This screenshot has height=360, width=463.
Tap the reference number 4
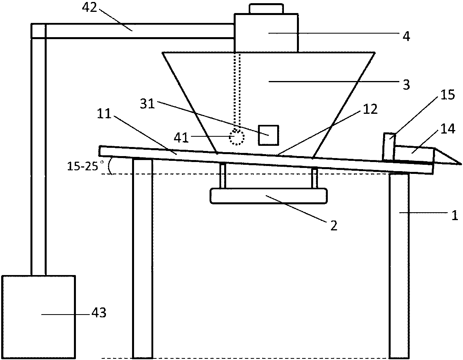(x=406, y=36)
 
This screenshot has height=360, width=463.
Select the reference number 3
(x=406, y=84)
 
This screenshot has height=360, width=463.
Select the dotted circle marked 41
(x=237, y=138)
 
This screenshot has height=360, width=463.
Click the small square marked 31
(x=268, y=135)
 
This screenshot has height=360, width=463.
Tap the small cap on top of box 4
(x=266, y=8)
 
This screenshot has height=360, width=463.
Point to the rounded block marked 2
(x=269, y=196)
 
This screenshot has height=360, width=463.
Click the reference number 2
(x=334, y=226)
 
